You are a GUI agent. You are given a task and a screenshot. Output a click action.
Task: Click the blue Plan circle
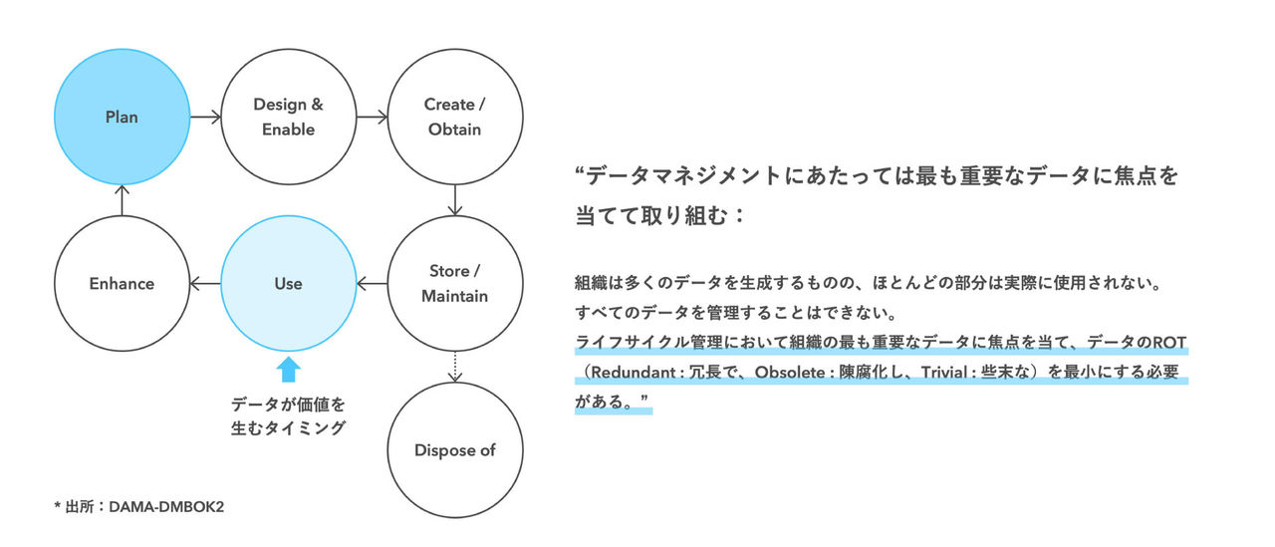pyautogui.click(x=122, y=118)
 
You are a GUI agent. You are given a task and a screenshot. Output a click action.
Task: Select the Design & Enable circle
pyautogui.click(x=289, y=118)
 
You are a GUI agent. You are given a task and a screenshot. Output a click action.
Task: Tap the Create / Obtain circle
pyautogui.click(x=454, y=118)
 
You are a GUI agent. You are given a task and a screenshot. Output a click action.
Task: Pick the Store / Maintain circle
pyautogui.click(x=454, y=284)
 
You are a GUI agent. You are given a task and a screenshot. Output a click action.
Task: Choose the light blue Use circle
pyautogui.click(x=288, y=284)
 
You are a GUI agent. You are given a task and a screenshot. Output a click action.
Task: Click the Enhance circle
pyautogui.click(x=122, y=284)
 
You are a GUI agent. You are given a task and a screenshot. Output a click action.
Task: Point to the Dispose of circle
pyautogui.click(x=454, y=450)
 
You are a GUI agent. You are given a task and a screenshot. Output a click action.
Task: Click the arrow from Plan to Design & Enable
pyautogui.click(x=205, y=118)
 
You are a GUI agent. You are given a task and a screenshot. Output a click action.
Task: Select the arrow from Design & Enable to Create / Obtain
pyautogui.click(x=372, y=118)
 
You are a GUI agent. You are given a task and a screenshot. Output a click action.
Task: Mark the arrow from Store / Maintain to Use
pyautogui.click(x=372, y=284)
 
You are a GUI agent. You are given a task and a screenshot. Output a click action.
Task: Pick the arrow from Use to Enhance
pyautogui.click(x=205, y=284)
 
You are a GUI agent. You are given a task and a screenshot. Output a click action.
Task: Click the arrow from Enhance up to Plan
pyautogui.click(x=122, y=200)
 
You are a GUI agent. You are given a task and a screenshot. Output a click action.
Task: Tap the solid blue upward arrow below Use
pyautogui.click(x=288, y=370)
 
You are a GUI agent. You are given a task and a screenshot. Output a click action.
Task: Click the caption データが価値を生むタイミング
pyautogui.click(x=288, y=416)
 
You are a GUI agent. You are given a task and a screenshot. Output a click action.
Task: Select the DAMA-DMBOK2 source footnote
pyautogui.click(x=138, y=507)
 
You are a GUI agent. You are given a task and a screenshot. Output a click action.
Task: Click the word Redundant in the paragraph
pyautogui.click(x=634, y=373)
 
